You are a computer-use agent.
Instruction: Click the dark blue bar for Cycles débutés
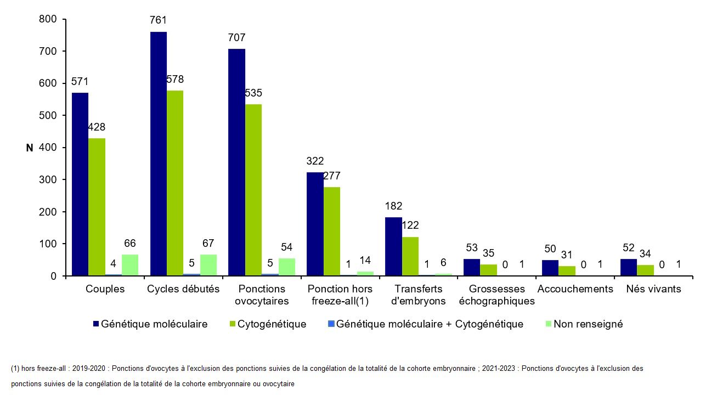point(159,154)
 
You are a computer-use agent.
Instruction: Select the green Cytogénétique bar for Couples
point(97,207)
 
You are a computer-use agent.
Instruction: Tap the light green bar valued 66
point(130,265)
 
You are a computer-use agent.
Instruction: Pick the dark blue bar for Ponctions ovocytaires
point(237,162)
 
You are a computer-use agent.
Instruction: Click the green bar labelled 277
point(332,231)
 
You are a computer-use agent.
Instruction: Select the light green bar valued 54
point(286,267)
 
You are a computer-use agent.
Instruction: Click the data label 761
point(158,20)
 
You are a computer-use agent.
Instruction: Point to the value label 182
point(393,206)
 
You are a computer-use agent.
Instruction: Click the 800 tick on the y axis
point(48,19)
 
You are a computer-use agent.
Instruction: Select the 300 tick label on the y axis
point(48,180)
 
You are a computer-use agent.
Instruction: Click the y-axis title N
point(30,148)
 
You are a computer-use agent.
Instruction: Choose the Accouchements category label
point(575,289)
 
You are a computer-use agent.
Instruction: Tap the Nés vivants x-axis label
point(653,289)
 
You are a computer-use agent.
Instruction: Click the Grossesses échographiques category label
point(496,295)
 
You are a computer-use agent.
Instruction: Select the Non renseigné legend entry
point(588,324)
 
